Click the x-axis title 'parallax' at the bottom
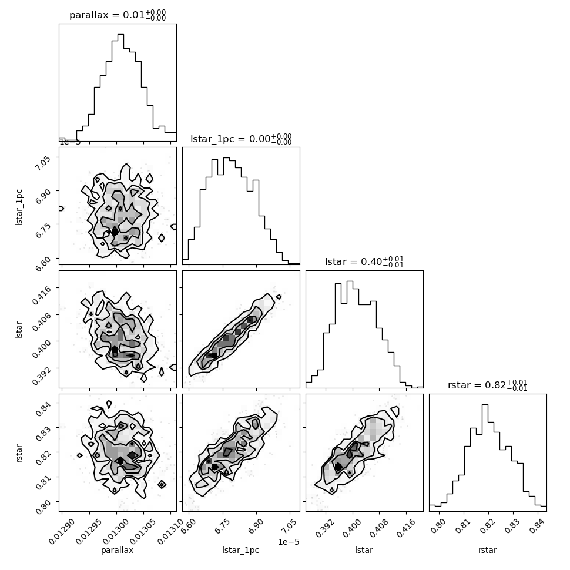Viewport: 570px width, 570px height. (x=117, y=550)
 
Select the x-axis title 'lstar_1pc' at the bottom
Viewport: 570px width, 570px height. (x=241, y=550)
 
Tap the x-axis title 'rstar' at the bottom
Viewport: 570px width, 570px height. (x=488, y=550)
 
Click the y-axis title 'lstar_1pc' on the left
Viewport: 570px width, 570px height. (x=19, y=207)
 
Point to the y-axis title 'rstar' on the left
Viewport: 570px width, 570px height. (x=19, y=453)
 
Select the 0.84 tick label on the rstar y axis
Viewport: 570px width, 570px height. (x=42, y=410)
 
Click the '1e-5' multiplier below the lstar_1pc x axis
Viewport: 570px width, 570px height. (x=289, y=542)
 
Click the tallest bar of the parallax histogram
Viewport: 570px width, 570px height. (x=120, y=88)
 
